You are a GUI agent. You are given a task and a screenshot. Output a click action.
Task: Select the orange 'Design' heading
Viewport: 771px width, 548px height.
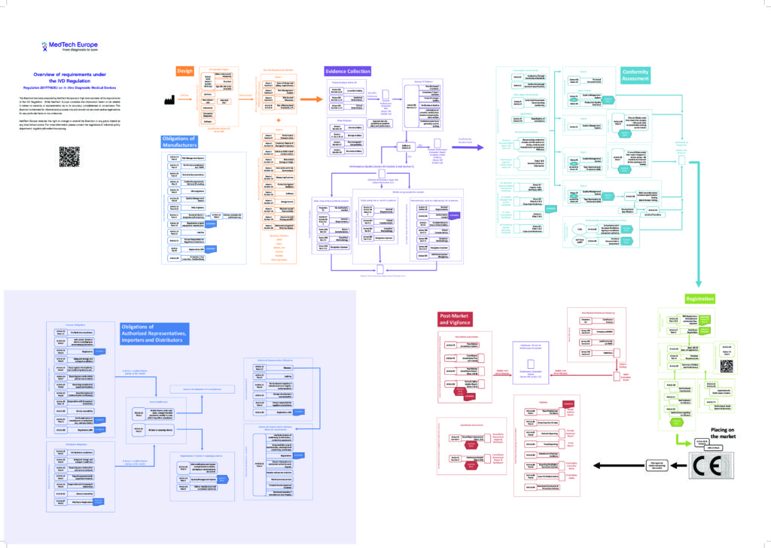[x=185, y=71]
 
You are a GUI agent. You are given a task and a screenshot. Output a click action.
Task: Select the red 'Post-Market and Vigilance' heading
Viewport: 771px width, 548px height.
[x=461, y=319]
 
